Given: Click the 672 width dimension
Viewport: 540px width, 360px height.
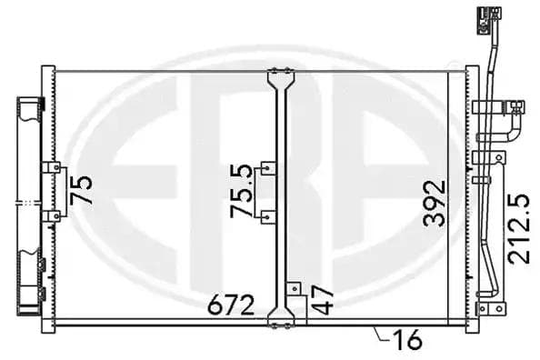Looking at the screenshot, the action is coord(231,305).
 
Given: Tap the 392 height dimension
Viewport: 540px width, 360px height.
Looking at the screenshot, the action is coord(435,204).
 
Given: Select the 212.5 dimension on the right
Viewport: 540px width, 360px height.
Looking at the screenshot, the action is coord(519,229).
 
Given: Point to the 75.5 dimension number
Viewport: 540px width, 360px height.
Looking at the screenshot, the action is coord(241,191).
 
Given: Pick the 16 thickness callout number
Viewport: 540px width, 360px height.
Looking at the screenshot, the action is coord(406,340).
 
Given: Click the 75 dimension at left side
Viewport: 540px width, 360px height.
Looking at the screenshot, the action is coord(81,190).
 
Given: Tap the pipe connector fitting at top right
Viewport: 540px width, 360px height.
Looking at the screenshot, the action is coord(489,20).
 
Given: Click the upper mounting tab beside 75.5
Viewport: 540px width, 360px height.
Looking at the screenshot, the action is coord(268,168).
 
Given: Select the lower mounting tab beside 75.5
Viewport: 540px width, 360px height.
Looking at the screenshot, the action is coord(268,217).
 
